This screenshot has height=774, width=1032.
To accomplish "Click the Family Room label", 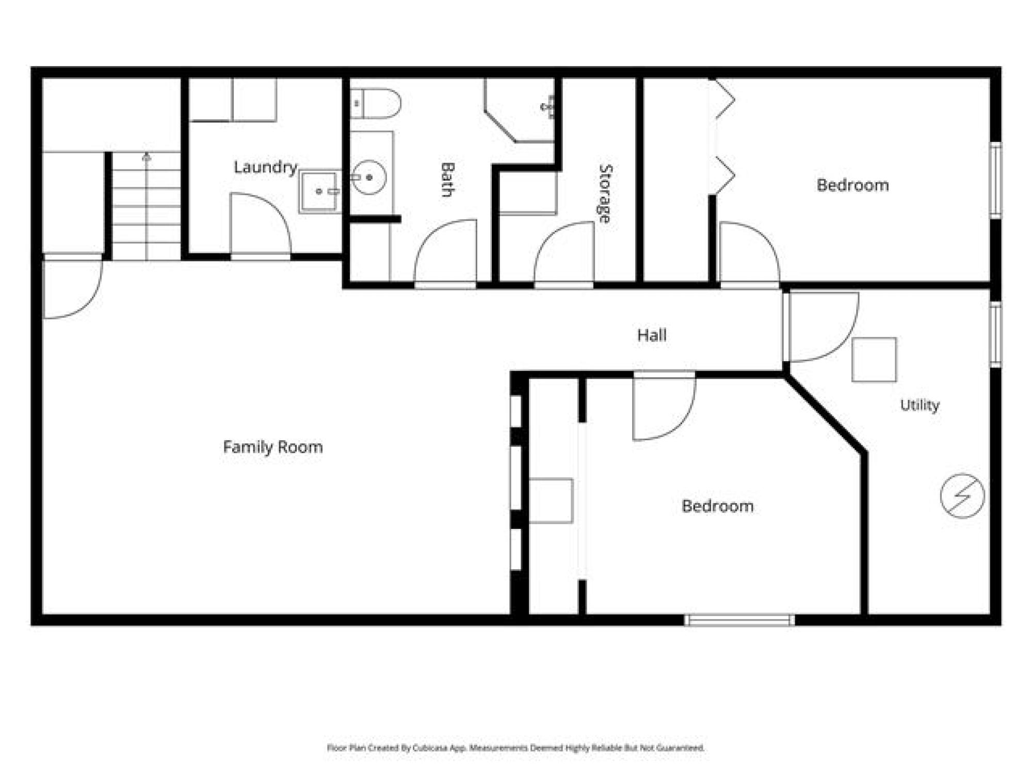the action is click(273, 447).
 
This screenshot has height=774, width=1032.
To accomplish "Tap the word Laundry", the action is click(266, 167).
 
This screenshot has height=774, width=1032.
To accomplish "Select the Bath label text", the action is click(447, 180).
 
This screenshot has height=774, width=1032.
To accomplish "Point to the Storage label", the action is click(605, 193).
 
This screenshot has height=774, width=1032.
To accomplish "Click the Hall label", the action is click(652, 335).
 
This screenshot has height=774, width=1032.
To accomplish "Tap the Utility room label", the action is click(920, 405).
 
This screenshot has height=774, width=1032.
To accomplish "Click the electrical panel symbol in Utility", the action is click(962, 495).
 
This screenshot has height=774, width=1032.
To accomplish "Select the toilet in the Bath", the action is click(375, 103).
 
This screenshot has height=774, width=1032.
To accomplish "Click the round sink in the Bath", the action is click(369, 178).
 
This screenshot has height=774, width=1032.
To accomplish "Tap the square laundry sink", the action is click(319, 191).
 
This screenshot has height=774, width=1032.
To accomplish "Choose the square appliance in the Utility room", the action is click(874, 360).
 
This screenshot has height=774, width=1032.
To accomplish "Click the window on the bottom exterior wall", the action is click(740, 620).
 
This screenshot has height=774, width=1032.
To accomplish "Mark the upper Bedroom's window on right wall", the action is click(996, 181).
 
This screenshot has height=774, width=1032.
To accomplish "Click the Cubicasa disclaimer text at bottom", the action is click(516, 748).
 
